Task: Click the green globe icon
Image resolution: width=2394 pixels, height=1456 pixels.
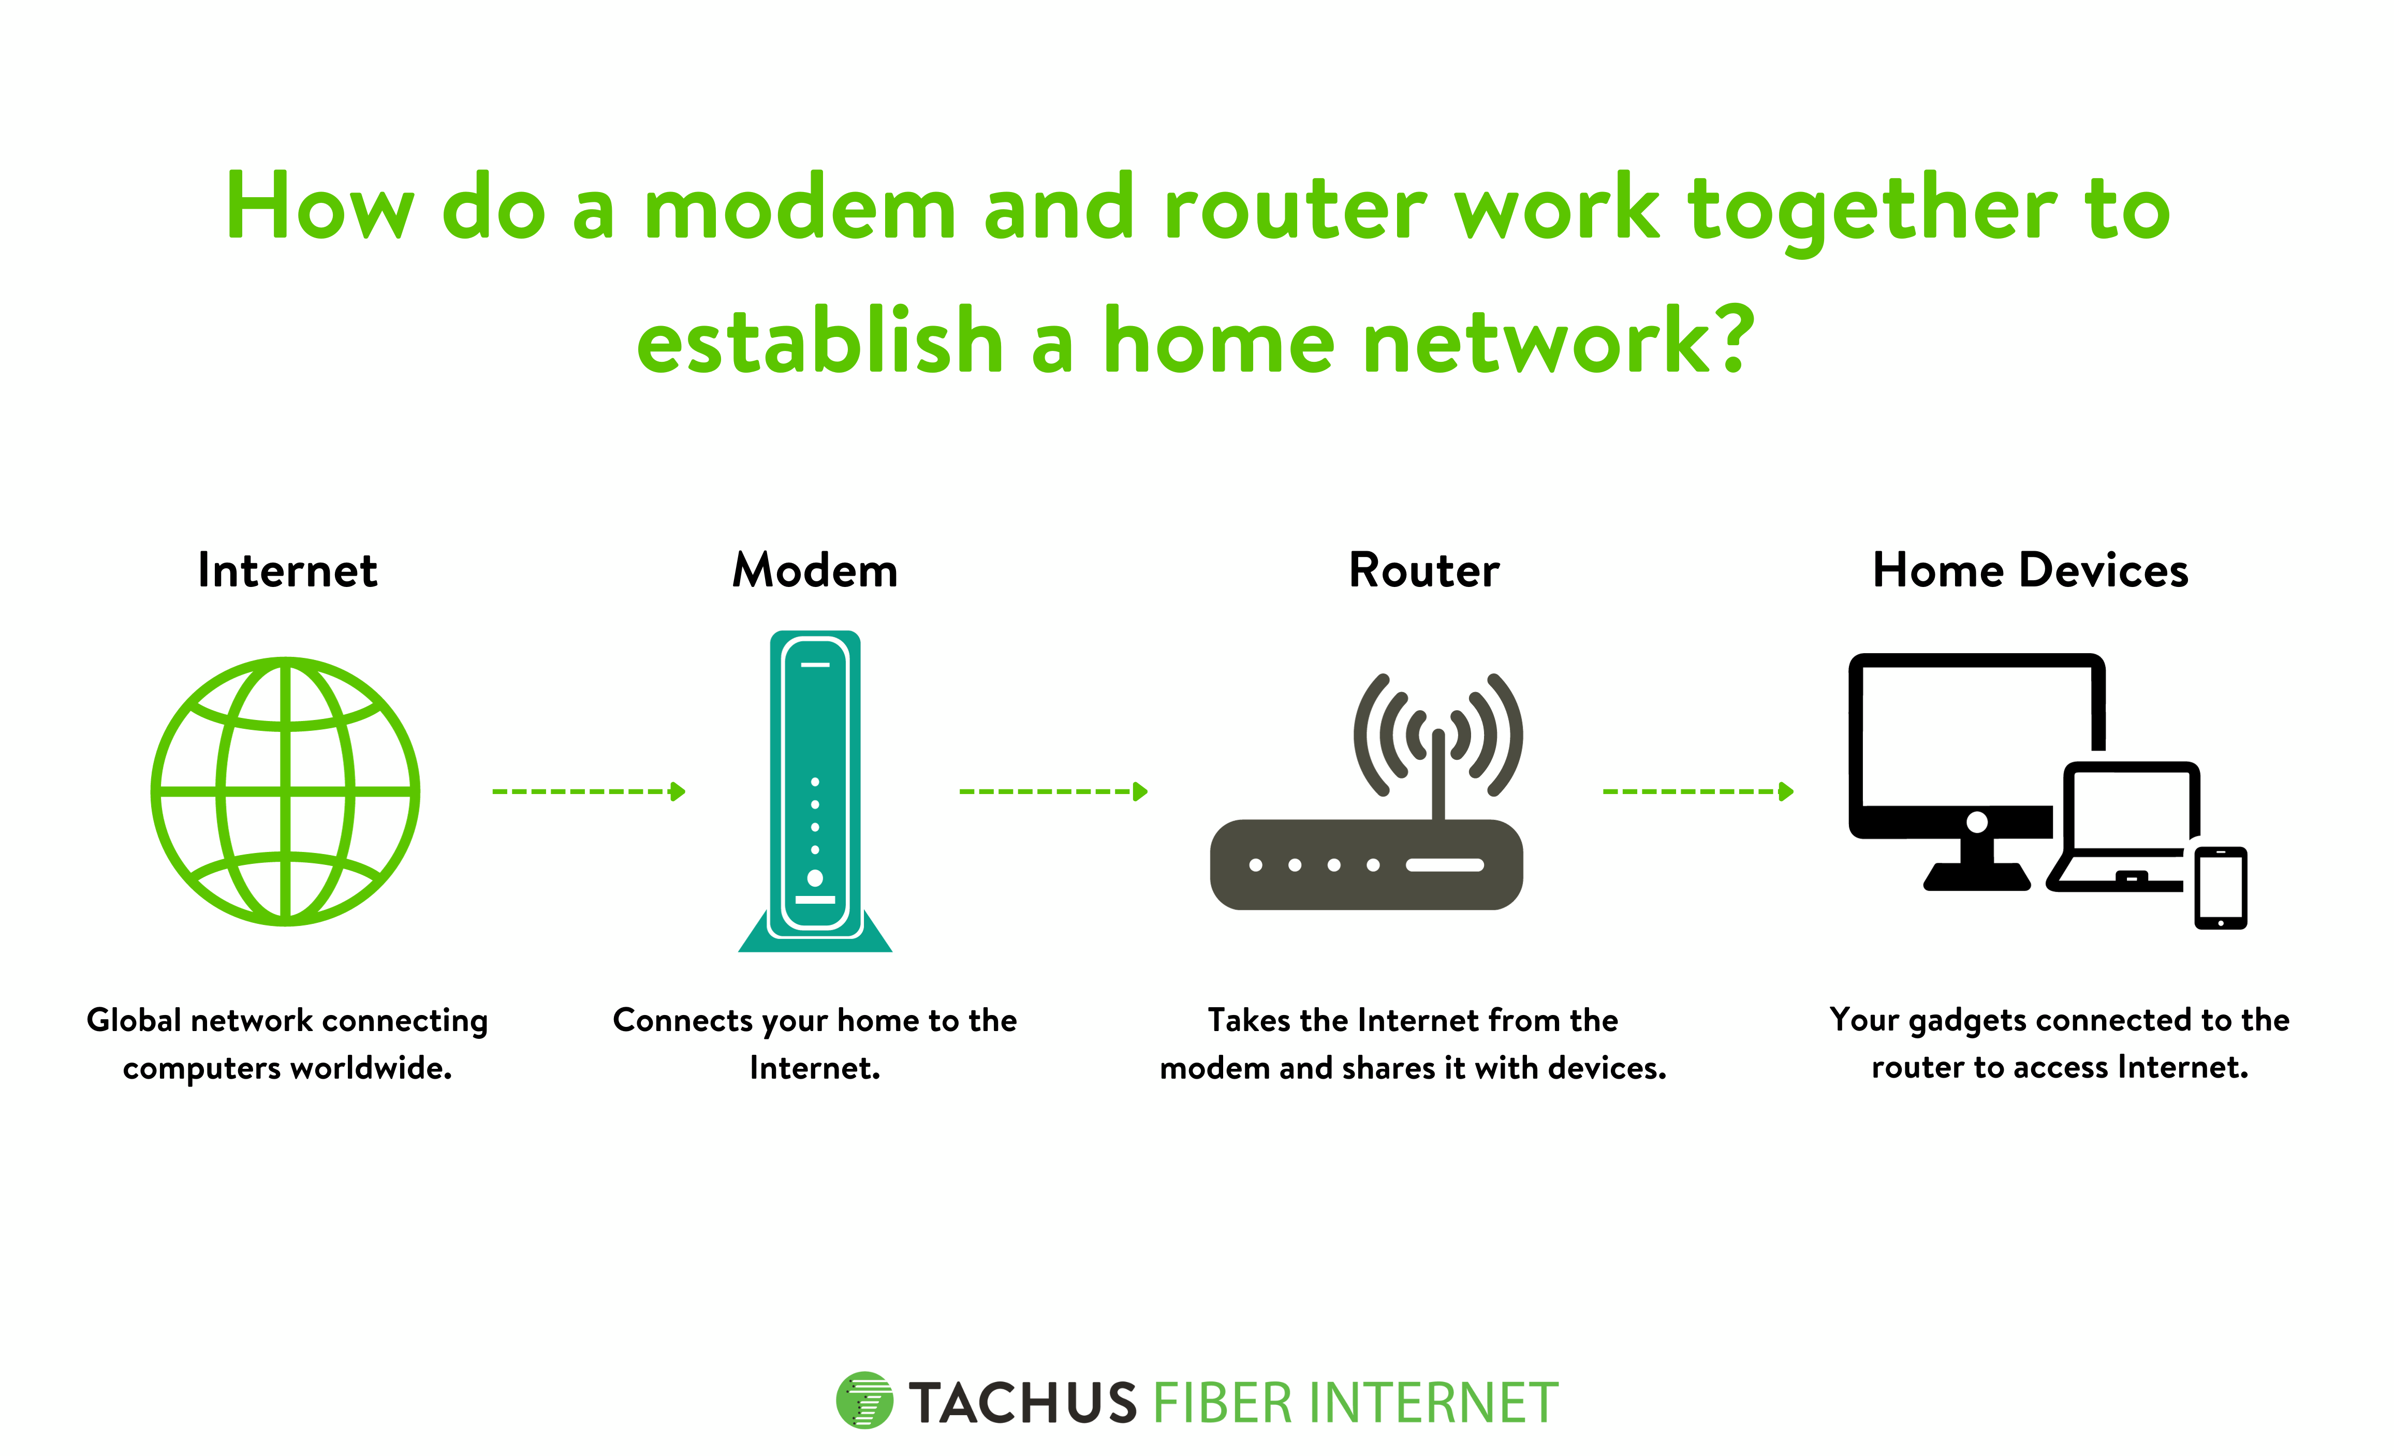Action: (x=285, y=791)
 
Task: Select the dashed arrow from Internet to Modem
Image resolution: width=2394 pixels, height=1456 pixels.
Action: (x=589, y=791)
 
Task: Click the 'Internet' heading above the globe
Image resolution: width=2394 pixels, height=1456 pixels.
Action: (x=288, y=570)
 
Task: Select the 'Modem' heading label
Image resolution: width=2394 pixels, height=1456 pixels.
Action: (x=815, y=570)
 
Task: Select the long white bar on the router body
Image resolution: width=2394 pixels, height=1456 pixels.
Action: (x=1445, y=864)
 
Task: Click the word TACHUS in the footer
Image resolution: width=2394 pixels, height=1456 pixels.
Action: (x=1023, y=1404)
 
